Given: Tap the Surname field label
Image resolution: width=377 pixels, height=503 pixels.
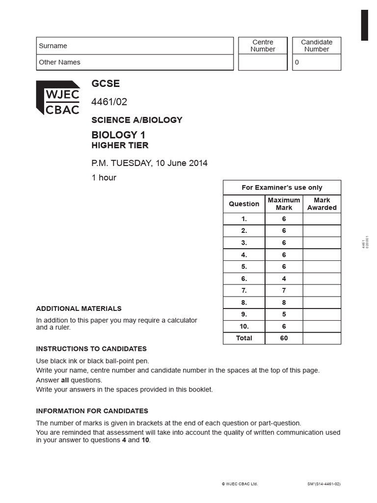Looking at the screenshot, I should [53, 46].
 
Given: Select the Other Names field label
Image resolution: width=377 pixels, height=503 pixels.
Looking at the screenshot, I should [59, 62].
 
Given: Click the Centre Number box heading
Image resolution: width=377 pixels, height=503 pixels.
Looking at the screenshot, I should [263, 46].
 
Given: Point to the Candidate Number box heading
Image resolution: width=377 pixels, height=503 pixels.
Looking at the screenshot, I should [317, 46].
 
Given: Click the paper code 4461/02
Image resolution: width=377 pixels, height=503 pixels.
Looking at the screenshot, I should [109, 102].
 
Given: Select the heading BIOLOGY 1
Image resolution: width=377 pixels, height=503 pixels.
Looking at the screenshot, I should [118, 135].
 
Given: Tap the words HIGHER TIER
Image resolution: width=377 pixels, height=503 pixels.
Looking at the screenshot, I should [120, 145].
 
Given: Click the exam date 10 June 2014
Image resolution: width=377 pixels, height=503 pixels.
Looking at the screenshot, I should [182, 163].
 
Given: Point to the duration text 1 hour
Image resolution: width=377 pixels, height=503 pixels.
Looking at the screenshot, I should [104, 178].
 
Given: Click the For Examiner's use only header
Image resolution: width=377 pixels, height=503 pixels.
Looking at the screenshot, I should [282, 188].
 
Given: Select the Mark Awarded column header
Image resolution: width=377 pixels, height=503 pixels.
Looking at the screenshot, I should [322, 204].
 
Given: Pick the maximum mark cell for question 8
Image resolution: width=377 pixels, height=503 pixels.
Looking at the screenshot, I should [284, 303].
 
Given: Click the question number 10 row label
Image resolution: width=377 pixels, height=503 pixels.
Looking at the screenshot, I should [244, 326].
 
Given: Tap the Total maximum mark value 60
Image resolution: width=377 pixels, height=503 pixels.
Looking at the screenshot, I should [284, 338].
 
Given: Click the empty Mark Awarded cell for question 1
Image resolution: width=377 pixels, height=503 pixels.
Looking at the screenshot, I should [322, 219].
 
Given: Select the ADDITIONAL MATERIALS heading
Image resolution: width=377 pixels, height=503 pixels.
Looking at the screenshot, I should [79, 308].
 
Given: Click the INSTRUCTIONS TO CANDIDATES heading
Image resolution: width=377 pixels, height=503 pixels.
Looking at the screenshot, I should [91, 349].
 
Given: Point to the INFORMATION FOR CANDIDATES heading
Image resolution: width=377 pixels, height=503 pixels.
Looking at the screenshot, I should [92, 411].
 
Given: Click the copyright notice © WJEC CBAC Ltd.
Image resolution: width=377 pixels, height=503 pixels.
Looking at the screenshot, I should [240, 484].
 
